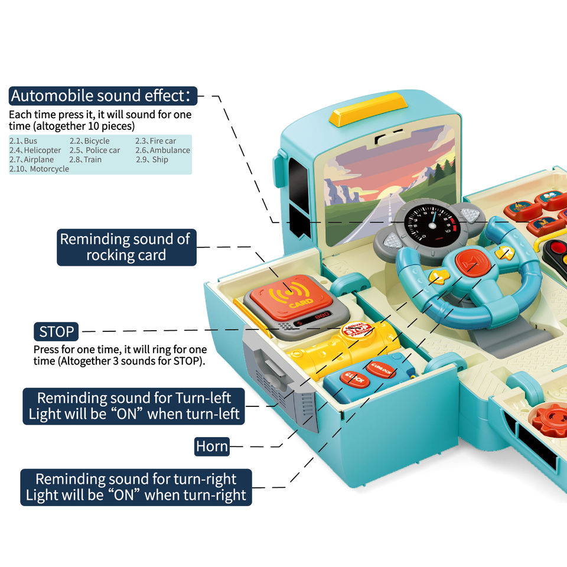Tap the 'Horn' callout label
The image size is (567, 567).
tap(212, 447)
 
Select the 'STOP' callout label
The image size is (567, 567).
tap(57, 331)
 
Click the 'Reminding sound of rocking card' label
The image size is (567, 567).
tap(125, 247)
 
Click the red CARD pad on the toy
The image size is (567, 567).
tap(289, 295)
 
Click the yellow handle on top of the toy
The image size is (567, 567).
tap(368, 109)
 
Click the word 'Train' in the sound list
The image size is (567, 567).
tap(93, 159)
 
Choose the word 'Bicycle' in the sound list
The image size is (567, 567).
tap(96, 141)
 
